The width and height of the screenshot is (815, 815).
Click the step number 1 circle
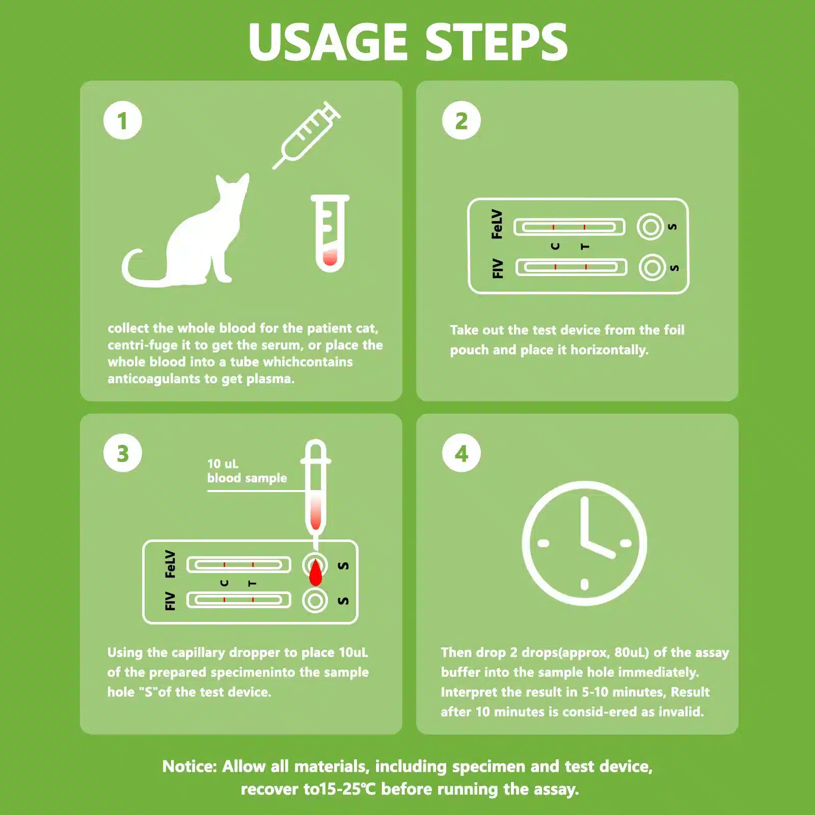(x=123, y=121)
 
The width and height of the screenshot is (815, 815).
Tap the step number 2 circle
(x=461, y=121)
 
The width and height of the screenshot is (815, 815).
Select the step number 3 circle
(x=123, y=453)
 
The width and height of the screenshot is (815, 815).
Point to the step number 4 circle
(x=461, y=453)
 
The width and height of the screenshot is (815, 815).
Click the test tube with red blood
(x=330, y=233)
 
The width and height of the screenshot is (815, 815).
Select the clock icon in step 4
(x=584, y=543)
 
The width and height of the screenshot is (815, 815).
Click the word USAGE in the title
(x=329, y=42)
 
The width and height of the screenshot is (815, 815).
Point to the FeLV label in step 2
(x=497, y=224)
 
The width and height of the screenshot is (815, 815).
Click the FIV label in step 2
(x=498, y=268)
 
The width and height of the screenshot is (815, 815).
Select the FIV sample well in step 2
(x=652, y=267)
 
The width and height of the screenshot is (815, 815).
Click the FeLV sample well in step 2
(x=650, y=227)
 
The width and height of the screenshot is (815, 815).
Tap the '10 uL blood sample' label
(x=247, y=471)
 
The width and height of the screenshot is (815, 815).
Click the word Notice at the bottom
(x=189, y=767)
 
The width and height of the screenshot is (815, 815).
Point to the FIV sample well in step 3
(x=315, y=601)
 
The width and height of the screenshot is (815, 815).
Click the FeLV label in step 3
(x=170, y=564)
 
